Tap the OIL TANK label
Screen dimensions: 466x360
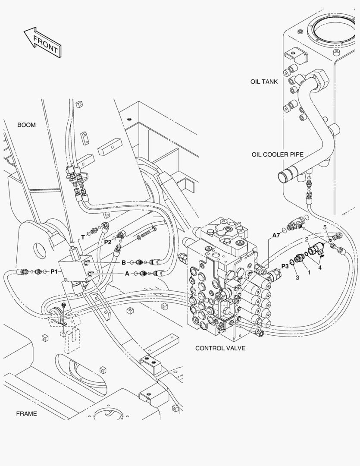coord(264,82)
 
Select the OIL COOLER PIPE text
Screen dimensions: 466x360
coord(277,154)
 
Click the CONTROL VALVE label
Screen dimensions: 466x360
coord(220,348)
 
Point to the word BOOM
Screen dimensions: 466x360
coord(26,125)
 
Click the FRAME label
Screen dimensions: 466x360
coord(26,414)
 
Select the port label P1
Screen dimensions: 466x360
coord(54,271)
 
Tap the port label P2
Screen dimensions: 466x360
coord(107,242)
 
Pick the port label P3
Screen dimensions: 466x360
coord(285,266)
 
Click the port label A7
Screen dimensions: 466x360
coord(276,236)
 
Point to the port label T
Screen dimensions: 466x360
coord(83,237)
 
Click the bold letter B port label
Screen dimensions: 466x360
coord(123,262)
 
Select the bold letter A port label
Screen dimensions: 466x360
coord(127,273)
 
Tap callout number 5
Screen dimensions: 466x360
coord(326,227)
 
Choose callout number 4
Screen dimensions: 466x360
coord(319,267)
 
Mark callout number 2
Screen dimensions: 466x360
coord(306,239)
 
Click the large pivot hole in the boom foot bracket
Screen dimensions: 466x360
coord(40,249)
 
